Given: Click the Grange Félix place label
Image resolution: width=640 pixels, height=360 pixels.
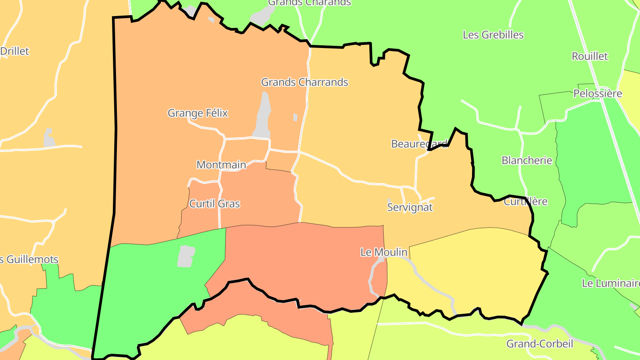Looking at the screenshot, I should click(197, 113).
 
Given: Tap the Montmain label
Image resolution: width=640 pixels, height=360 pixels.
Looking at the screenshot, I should click(221, 165).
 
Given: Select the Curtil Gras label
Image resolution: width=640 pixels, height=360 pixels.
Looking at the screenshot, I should click(214, 204).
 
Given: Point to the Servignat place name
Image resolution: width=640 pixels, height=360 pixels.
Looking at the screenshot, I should click(409, 208).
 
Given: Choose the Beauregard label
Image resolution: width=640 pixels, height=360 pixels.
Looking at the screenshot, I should click(419, 144).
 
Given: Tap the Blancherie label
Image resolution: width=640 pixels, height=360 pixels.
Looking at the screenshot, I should click(527, 160).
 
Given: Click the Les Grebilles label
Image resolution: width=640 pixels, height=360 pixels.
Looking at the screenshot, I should click(493, 35).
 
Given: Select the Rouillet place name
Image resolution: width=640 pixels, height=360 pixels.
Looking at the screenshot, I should click(589, 56).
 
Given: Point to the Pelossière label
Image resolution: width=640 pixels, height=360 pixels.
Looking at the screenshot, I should click(597, 94).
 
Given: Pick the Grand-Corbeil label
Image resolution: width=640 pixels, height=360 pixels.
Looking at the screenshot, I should click(540, 344).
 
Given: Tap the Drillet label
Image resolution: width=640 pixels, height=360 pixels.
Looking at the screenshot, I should click(14, 51).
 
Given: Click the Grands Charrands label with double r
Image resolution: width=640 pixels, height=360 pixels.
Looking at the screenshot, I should click(304, 82).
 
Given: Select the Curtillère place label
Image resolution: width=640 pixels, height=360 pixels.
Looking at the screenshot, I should click(525, 202).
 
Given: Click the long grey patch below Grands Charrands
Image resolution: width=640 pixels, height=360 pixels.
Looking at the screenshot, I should click(263, 116).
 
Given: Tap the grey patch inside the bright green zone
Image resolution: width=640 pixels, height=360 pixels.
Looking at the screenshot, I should click(186, 256).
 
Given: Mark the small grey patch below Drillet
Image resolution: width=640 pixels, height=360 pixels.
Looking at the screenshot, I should click(48, 137).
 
